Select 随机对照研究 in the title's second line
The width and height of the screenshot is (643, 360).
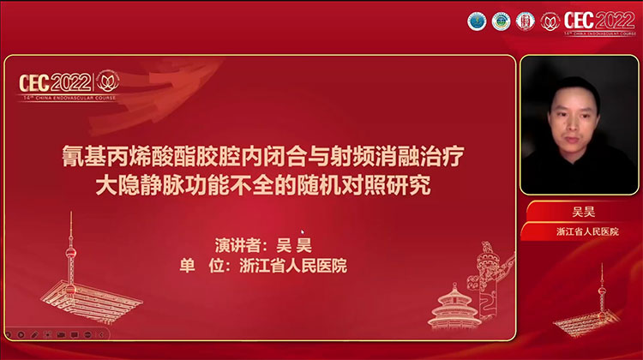[386, 184]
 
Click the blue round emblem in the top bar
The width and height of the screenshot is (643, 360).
[476, 21]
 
